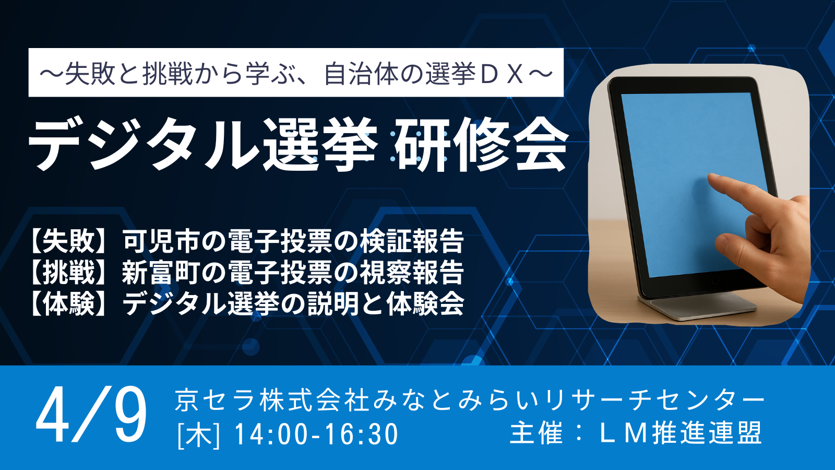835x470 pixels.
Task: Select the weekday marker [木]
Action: click(199, 434)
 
